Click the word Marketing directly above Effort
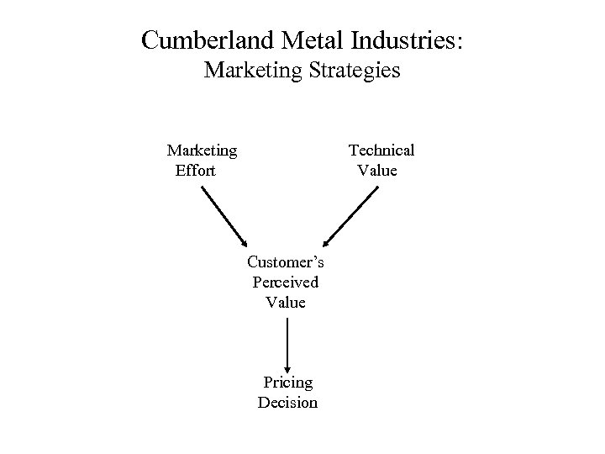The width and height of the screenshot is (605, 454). [x=202, y=150]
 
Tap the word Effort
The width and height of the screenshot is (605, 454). [x=195, y=171]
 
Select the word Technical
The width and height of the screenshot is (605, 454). [x=381, y=150]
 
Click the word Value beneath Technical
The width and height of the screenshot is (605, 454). [x=377, y=171]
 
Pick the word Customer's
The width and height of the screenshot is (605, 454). [x=286, y=261]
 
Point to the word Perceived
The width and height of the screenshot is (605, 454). [x=286, y=282]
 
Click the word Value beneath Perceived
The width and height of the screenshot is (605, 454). [x=286, y=302]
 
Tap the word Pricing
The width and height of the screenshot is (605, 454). [x=287, y=383]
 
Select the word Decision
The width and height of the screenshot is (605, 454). [x=287, y=403]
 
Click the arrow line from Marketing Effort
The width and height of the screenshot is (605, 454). [x=220, y=213]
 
